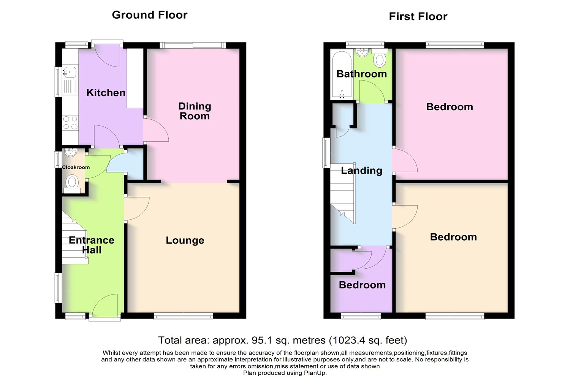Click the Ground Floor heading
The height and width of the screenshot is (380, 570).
click(150, 15)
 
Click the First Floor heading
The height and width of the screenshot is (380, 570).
click(418, 17)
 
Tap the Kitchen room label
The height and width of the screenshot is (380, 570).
click(106, 93)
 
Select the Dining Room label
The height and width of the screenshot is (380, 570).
click(195, 111)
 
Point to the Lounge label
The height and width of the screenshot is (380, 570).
click(185, 240)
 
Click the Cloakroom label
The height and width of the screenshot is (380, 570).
click(76, 167)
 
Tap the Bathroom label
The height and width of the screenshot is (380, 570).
click(362, 74)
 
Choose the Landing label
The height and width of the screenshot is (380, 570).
click(362, 171)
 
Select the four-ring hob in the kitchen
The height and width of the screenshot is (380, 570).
click(70, 123)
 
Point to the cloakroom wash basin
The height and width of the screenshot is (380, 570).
click(70, 152)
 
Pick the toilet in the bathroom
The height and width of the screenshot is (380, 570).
click(380, 58)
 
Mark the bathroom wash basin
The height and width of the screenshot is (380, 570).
click(361, 52)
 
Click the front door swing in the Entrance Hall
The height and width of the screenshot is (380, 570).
click(105, 306)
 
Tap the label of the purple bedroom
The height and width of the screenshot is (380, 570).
click(362, 285)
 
